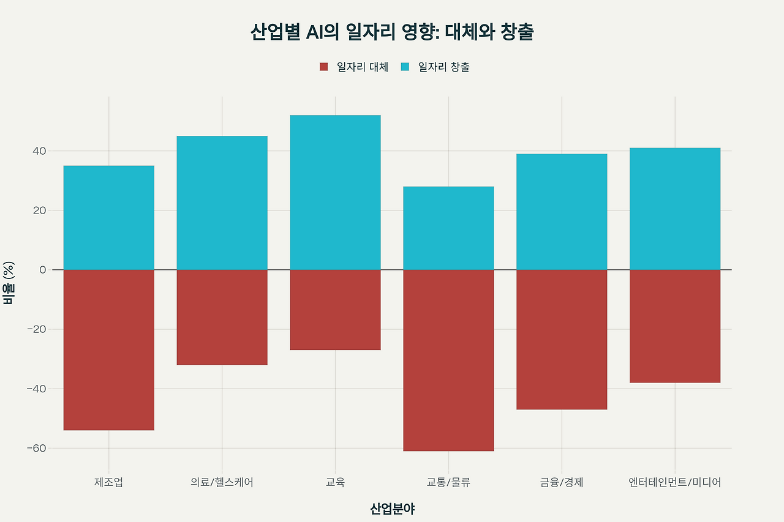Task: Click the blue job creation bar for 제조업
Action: tap(108, 217)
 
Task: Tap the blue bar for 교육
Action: tap(335, 192)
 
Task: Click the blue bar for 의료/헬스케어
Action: tap(222, 203)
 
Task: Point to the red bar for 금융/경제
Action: tap(562, 339)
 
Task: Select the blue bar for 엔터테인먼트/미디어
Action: tap(675, 209)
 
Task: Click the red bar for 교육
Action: tap(335, 310)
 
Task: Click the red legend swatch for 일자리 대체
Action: tap(324, 67)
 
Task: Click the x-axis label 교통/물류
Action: tap(448, 482)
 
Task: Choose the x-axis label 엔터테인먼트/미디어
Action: tap(675, 482)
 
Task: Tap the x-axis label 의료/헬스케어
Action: tap(222, 482)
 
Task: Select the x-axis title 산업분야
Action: tap(392, 509)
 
